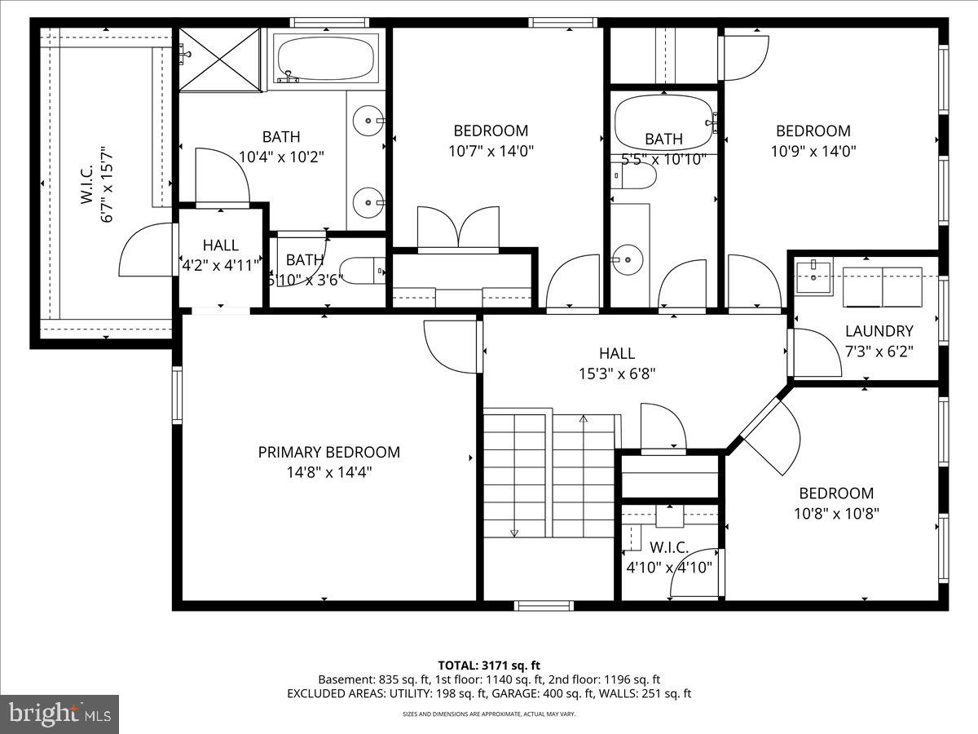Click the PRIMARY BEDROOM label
328,452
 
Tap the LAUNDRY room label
879,331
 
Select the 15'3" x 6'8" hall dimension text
616,374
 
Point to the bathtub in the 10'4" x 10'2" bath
326,59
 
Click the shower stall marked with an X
220,59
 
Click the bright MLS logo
59,714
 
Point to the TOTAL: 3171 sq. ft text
489,665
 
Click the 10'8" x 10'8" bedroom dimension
835,513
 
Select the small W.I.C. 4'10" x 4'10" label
669,556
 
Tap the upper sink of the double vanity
368,121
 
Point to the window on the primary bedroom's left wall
177,395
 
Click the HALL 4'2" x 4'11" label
220,254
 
